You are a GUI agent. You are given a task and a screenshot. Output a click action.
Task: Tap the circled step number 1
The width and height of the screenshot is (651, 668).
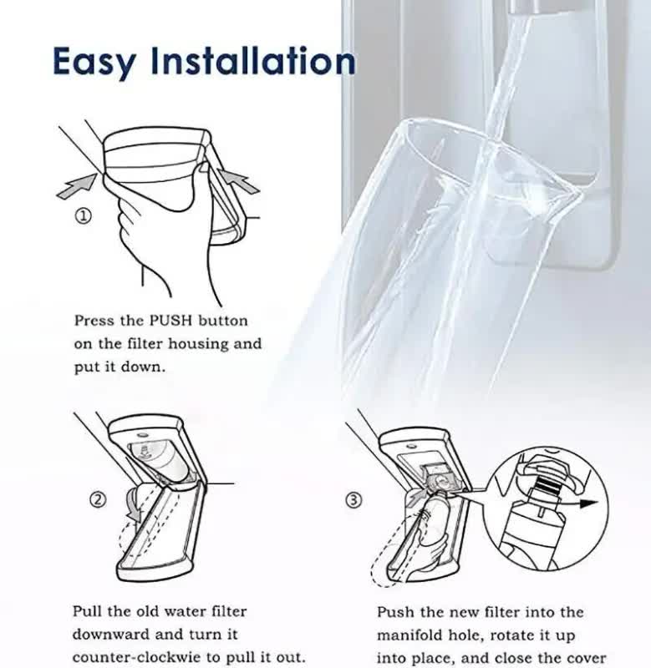84,215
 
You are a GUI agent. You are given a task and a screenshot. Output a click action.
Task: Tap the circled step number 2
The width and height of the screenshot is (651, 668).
98,499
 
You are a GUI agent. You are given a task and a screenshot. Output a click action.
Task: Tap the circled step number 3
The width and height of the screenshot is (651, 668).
354,500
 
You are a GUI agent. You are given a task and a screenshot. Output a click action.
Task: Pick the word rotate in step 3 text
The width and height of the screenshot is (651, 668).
537,635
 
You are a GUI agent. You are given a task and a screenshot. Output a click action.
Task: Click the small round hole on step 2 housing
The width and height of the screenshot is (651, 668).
140,435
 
